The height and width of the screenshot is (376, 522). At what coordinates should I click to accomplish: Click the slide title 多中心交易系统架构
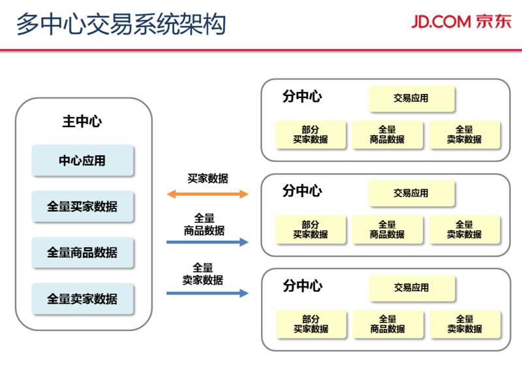tap(121, 24)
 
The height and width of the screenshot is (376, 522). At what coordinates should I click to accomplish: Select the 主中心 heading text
tap(82, 121)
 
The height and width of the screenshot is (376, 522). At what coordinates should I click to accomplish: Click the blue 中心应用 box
tap(82, 161)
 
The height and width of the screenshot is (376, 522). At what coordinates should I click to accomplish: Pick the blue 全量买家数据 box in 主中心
tap(82, 207)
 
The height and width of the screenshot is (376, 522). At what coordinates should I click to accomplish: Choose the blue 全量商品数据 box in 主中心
tap(82, 253)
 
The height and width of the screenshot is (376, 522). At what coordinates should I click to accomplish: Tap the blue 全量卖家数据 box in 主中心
tap(82, 299)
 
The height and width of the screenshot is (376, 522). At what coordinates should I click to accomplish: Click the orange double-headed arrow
tap(207, 194)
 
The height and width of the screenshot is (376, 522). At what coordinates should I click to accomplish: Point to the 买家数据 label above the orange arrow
tap(207, 178)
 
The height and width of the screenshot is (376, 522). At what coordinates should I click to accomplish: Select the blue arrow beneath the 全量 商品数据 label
tap(207, 242)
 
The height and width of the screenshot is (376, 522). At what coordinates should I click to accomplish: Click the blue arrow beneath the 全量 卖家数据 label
tap(207, 293)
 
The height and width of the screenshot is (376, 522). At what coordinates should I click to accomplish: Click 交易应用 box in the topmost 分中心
tap(411, 99)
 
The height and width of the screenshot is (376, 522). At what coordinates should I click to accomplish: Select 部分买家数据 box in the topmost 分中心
tap(311, 134)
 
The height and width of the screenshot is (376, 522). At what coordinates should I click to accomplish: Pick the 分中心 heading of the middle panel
tap(302, 191)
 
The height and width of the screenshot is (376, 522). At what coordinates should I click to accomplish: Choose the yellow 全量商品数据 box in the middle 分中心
tap(388, 229)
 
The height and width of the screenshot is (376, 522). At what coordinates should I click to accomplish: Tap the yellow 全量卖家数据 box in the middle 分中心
tap(465, 229)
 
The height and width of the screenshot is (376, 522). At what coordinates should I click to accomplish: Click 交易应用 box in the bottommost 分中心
tap(411, 288)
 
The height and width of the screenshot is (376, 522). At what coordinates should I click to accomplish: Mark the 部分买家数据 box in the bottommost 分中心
tap(311, 324)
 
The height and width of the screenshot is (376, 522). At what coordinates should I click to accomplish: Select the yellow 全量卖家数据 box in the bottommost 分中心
tap(465, 324)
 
